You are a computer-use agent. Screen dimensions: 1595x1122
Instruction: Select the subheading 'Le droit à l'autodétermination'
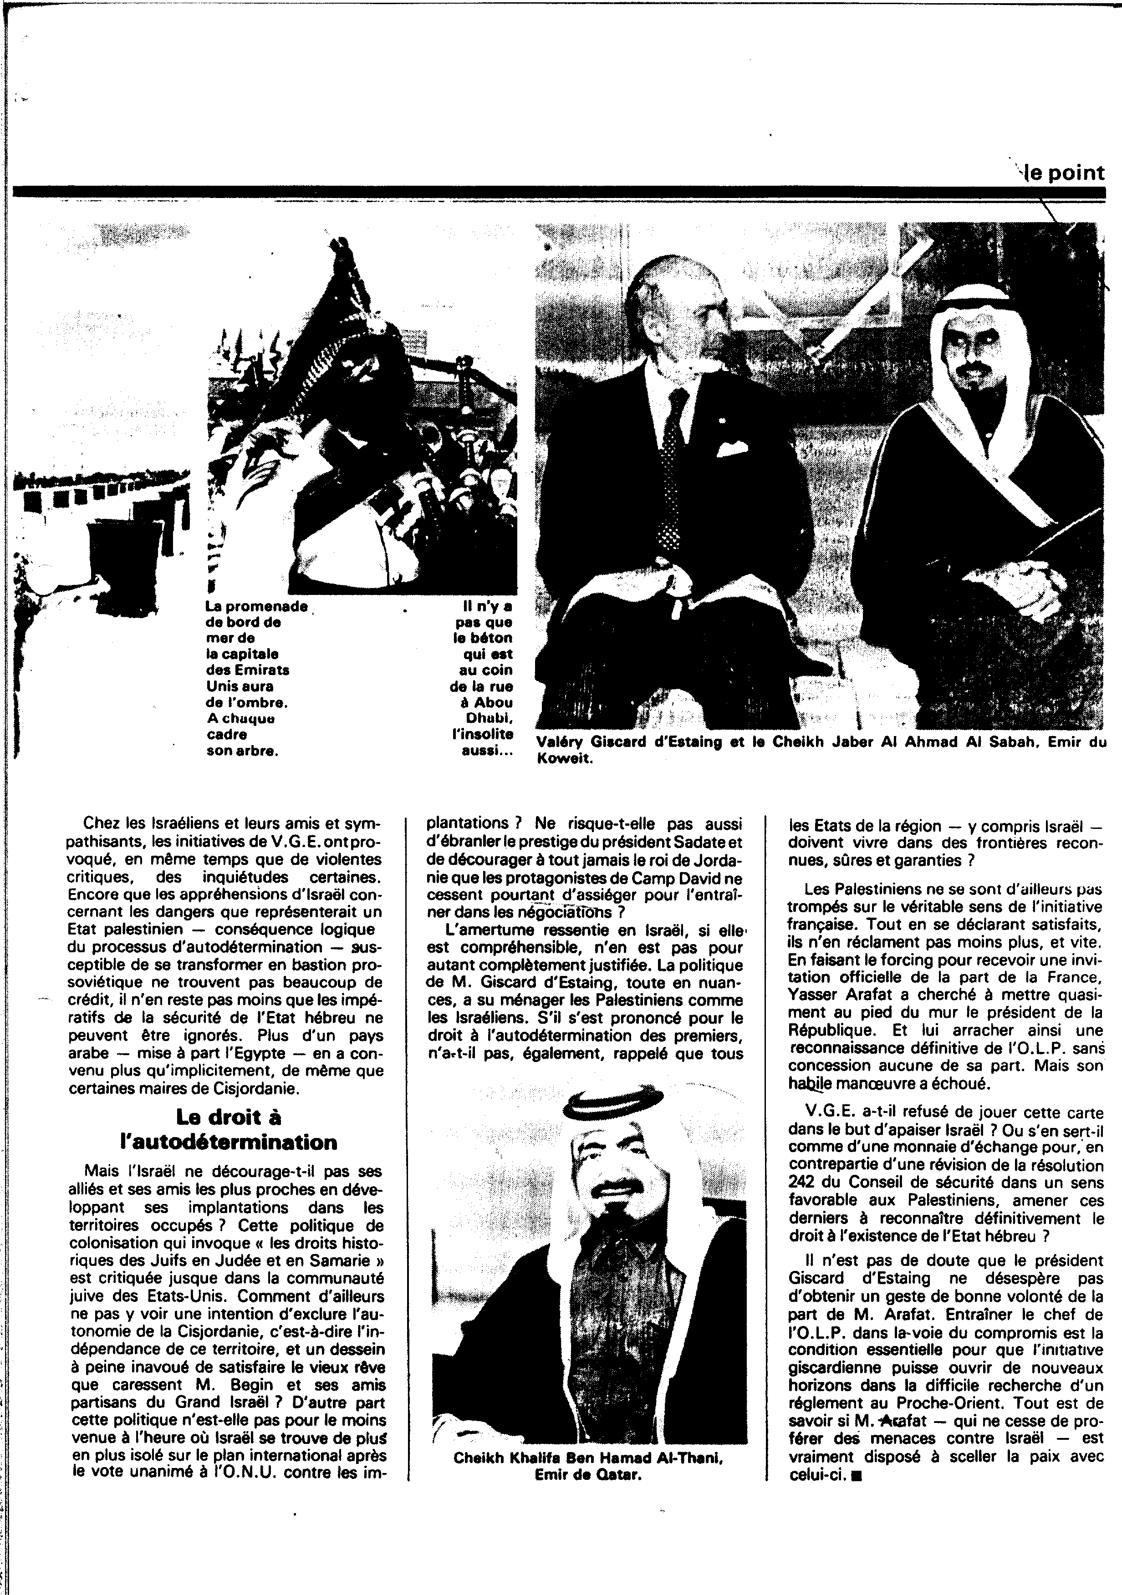(227, 1129)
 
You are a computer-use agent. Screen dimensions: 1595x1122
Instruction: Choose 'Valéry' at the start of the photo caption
(561, 742)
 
